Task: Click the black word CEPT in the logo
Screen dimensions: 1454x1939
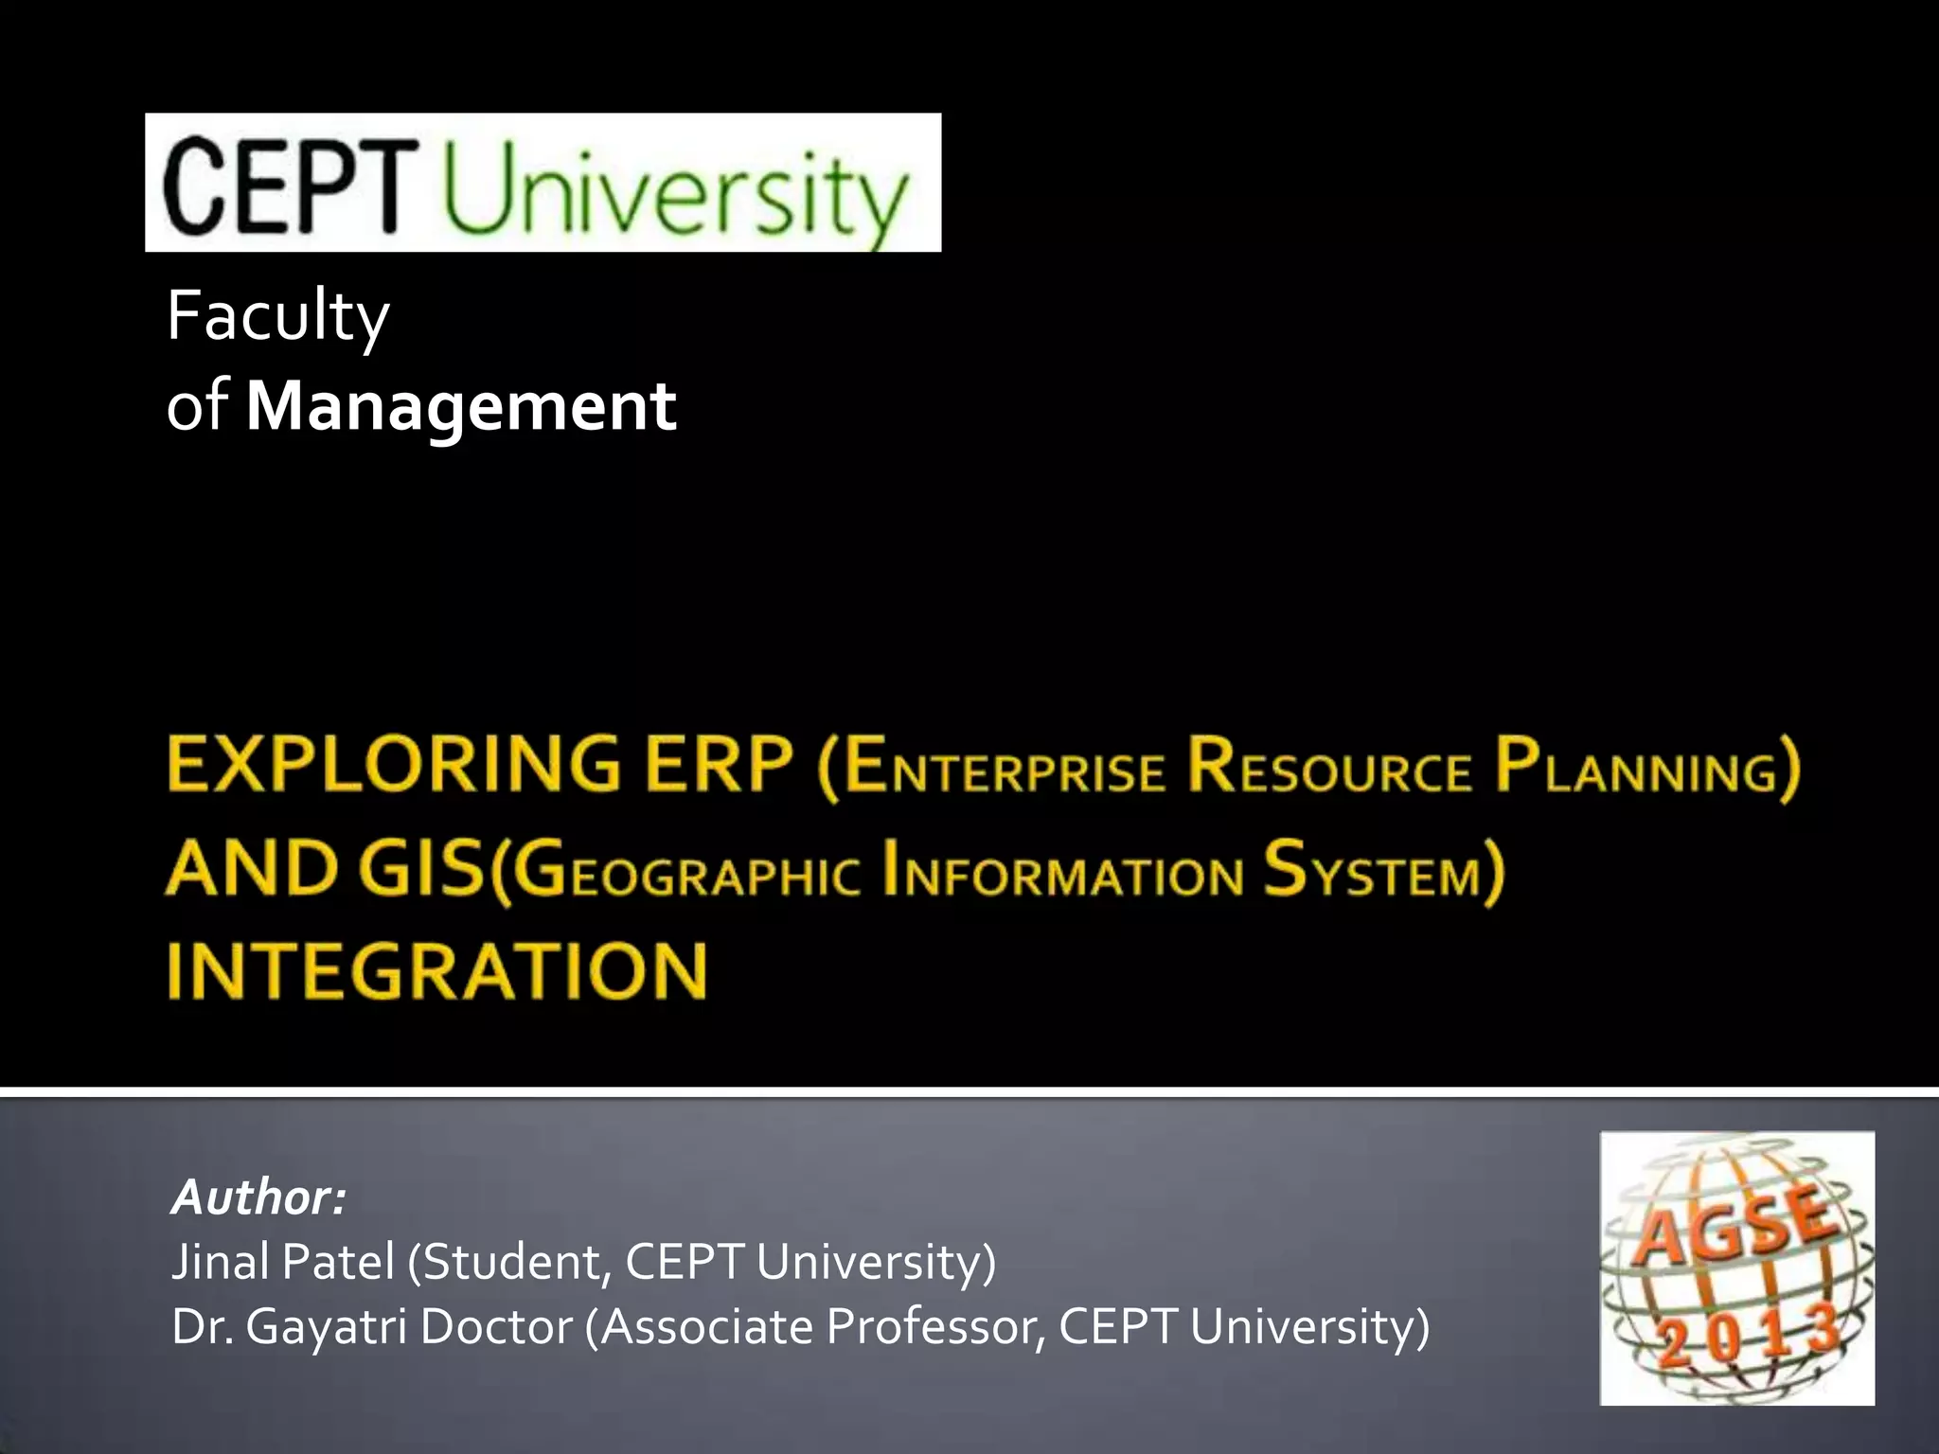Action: pos(290,185)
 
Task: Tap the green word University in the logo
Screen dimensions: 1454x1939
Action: pos(675,192)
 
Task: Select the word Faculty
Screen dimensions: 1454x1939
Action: pos(277,317)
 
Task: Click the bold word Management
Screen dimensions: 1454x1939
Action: pos(461,407)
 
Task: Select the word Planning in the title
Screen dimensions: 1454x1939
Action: pos(1638,769)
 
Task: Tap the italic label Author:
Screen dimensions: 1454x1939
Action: pos(258,1197)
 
